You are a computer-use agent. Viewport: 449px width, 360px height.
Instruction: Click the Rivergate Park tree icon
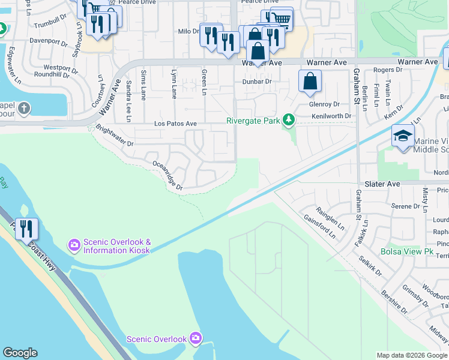pyautogui.click(x=289, y=121)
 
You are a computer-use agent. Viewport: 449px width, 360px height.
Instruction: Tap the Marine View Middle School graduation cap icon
pyautogui.click(x=403, y=136)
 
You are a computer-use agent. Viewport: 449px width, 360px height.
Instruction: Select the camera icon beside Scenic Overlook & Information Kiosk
pyautogui.click(x=74, y=244)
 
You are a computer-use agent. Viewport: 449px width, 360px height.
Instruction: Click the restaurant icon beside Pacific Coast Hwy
pyautogui.click(x=26, y=229)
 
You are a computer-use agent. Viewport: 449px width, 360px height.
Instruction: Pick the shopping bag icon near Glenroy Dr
pyautogui.click(x=310, y=82)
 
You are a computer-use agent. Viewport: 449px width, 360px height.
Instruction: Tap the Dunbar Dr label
pyautogui.click(x=257, y=81)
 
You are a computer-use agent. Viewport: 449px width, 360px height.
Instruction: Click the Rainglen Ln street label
pyautogui.click(x=333, y=217)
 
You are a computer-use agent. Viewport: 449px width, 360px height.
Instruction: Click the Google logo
pyautogui.click(x=20, y=353)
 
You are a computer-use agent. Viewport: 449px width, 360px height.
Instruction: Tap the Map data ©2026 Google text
pyautogui.click(x=411, y=355)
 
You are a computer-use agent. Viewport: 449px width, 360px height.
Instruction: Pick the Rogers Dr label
pyautogui.click(x=383, y=70)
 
